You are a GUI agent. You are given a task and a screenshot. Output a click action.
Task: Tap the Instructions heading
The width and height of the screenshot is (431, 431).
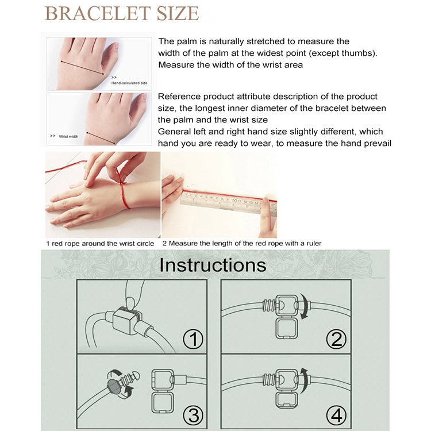(213, 265)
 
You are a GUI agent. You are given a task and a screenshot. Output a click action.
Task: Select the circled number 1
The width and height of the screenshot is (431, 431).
(193, 339)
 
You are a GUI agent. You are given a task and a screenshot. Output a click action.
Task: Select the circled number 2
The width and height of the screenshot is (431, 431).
(336, 339)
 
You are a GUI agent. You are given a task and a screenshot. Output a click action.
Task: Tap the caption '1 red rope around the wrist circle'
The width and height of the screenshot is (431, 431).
(100, 244)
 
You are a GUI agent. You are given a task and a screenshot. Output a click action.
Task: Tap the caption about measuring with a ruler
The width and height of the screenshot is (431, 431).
(241, 244)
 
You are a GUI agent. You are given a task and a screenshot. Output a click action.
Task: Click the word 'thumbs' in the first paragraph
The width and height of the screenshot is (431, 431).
(361, 53)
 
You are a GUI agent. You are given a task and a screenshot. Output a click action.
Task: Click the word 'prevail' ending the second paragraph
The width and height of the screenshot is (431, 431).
(375, 143)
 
